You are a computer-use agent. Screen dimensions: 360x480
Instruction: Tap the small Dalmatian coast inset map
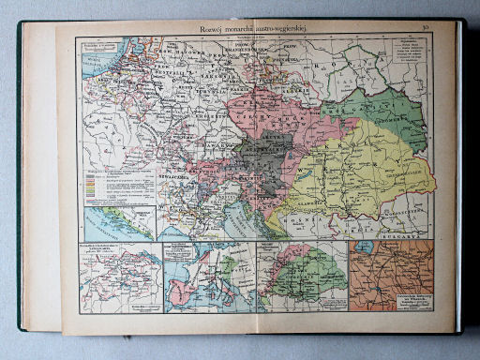pos(119,223)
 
